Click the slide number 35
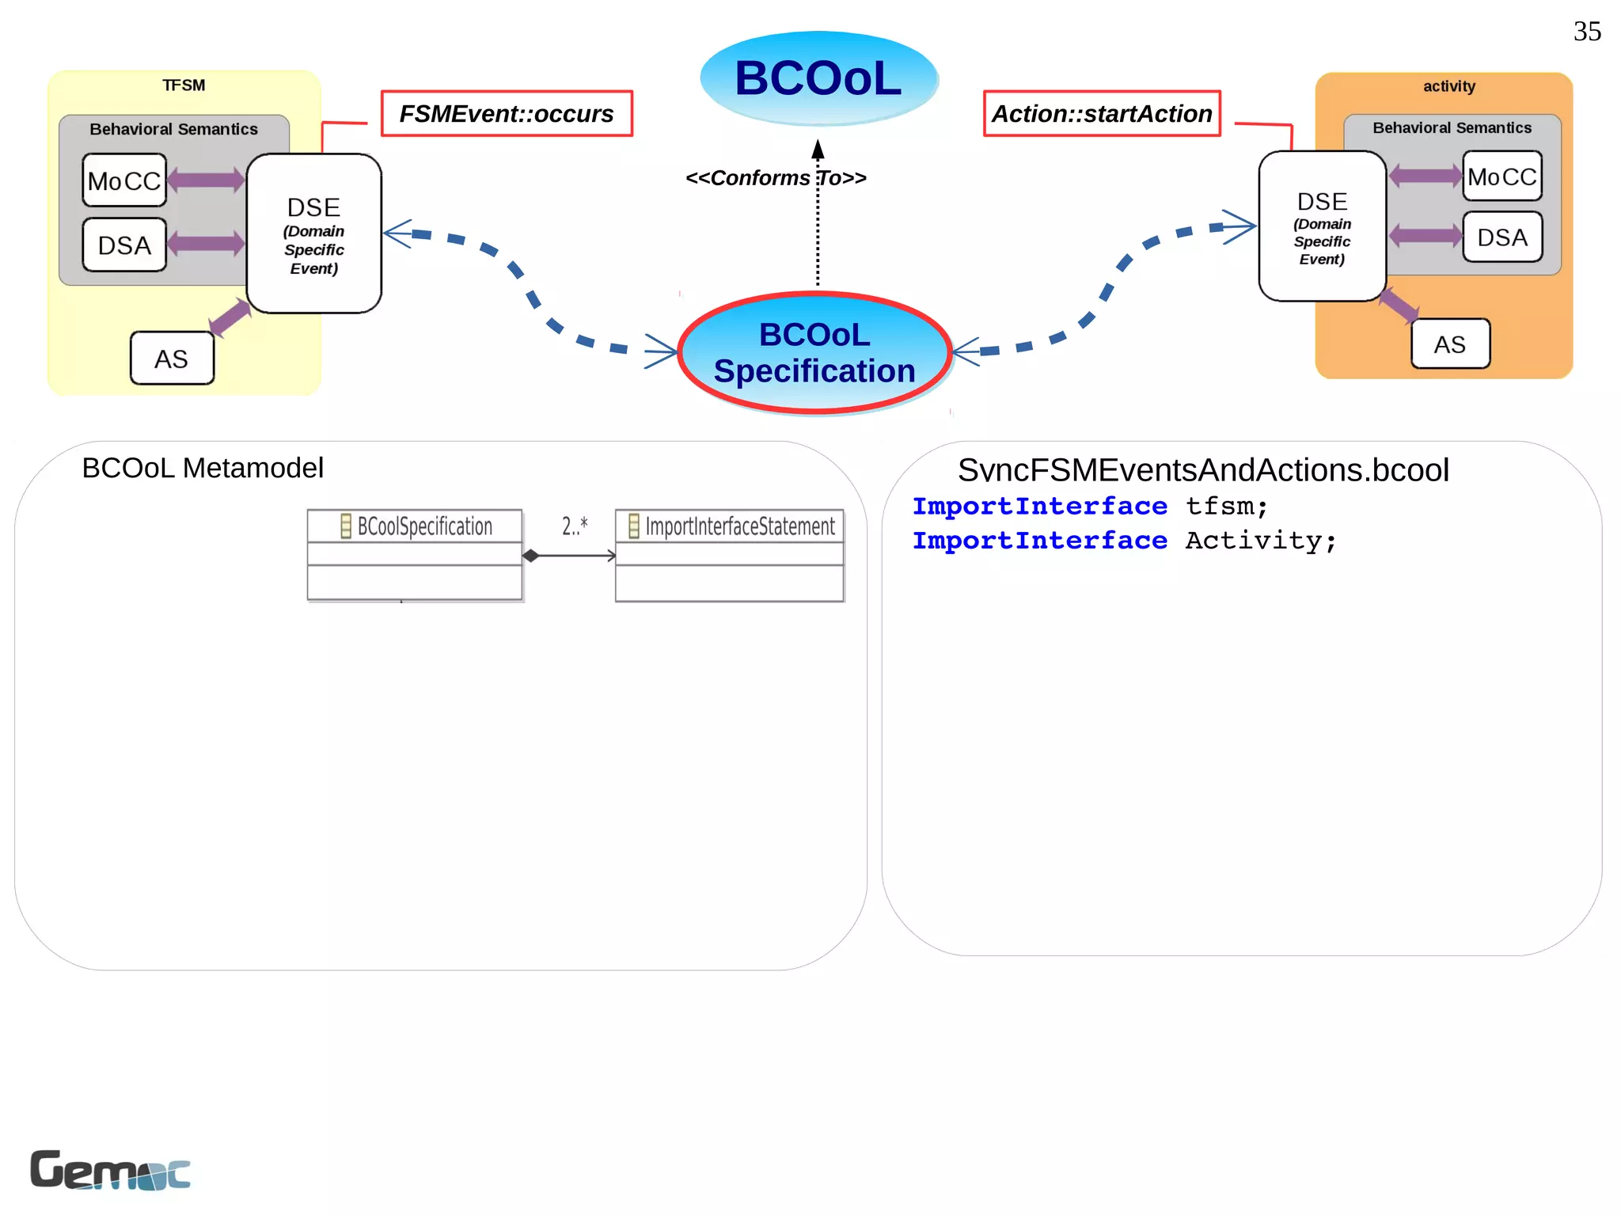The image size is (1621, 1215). tap(1586, 32)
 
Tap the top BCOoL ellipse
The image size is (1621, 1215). tap(818, 78)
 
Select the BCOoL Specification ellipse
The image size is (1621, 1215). tap(814, 353)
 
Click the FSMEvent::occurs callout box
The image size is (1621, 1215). tap(507, 114)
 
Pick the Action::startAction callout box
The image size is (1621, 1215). tap(1102, 114)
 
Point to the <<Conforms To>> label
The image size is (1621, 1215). tap(776, 178)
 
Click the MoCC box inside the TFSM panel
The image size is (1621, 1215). tap(124, 180)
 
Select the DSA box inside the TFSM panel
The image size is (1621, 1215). tap(124, 245)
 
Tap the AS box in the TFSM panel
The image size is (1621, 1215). tap(172, 359)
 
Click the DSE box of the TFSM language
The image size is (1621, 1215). tap(314, 234)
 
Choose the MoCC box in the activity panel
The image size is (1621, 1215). tap(1501, 177)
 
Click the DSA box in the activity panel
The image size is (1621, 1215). tap(1501, 237)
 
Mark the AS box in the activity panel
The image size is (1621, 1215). tap(1450, 344)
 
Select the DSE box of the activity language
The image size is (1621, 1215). tap(1322, 226)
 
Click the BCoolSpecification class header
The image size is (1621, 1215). tap(415, 526)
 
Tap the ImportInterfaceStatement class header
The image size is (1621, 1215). tap(730, 526)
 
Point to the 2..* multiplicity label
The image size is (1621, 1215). tap(575, 526)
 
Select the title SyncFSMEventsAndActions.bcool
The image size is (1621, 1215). tap(1203, 470)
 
